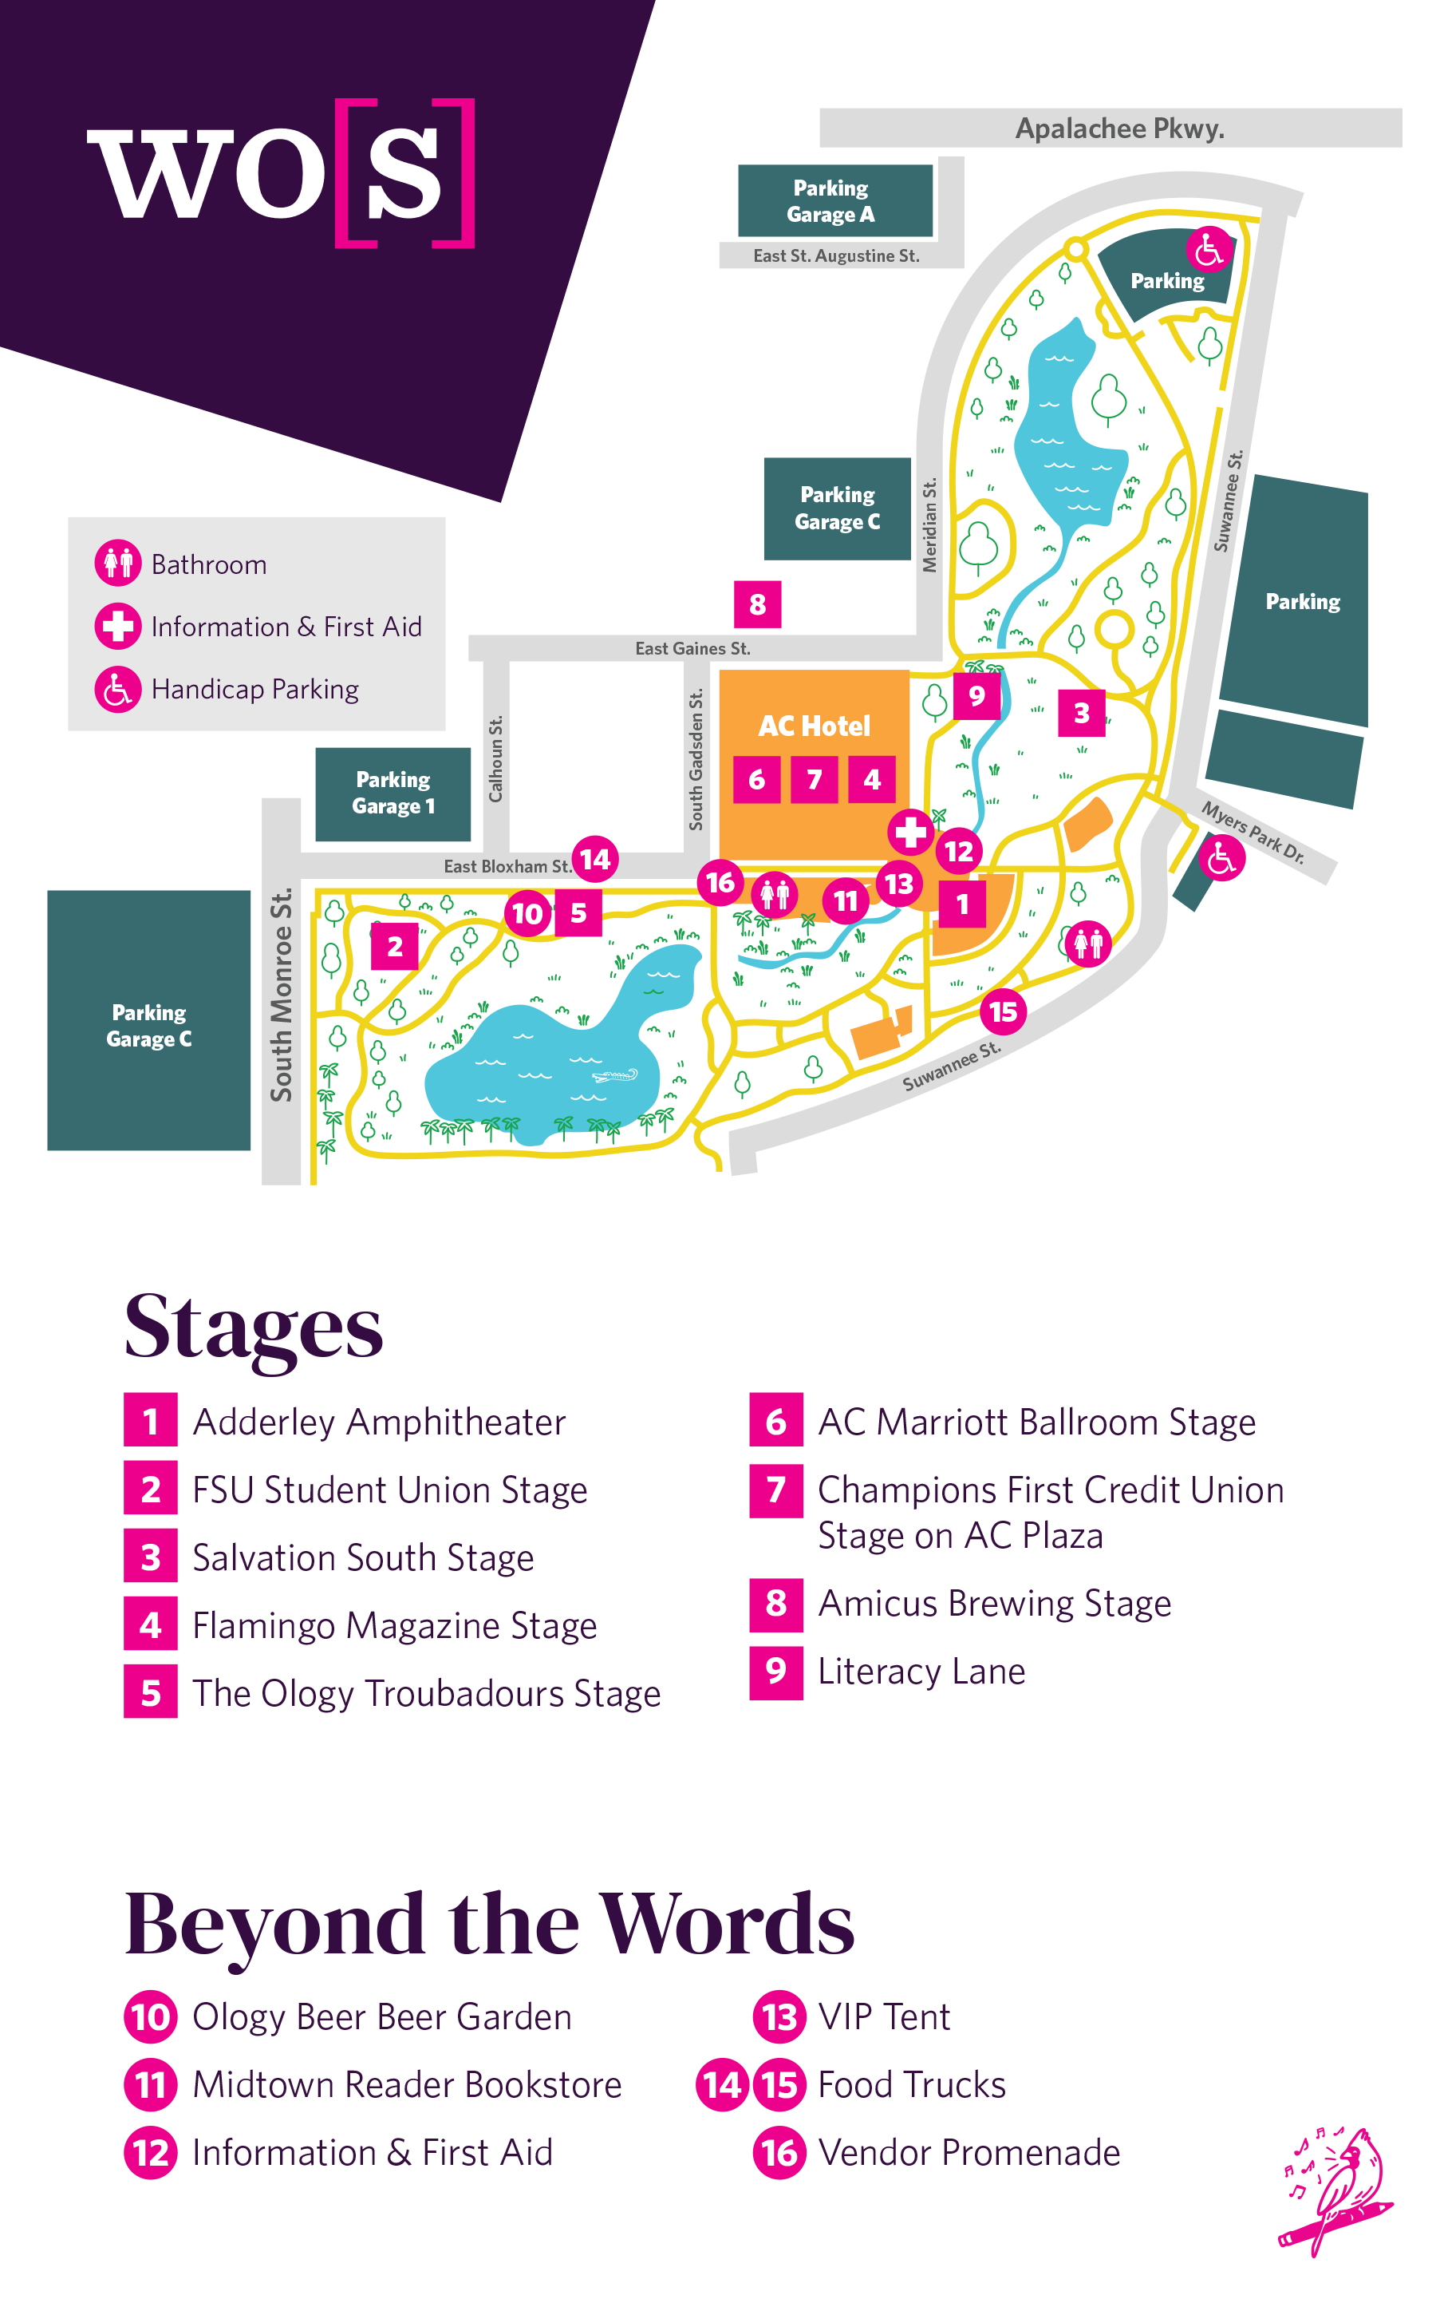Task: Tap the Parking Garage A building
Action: pos(834,200)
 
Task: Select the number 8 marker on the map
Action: pos(757,604)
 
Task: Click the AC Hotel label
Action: pos(814,726)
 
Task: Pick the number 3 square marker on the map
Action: pos(1081,713)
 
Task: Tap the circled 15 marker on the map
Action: pos(1003,1011)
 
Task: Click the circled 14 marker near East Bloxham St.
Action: pos(595,859)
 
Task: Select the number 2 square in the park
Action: pos(395,946)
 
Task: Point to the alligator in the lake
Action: pos(614,1076)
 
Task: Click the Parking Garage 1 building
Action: pos(393,793)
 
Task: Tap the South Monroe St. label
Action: pos(281,995)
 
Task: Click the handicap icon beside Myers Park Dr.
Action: pos(1221,859)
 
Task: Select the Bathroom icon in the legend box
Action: pos(118,564)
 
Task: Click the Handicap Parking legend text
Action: pos(254,689)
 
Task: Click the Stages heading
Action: pos(254,1326)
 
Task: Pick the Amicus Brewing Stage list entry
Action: pos(993,1604)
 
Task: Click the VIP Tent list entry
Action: pos(883,2017)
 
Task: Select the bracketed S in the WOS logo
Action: pos(404,173)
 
